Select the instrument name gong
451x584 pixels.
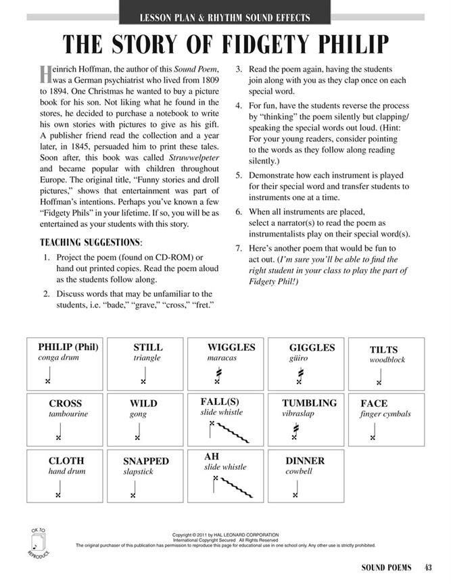pyautogui.click(x=138, y=414)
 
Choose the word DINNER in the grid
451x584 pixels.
pyautogui.click(x=305, y=460)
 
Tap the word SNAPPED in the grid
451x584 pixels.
pyautogui.click(x=145, y=461)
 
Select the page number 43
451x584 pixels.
pyautogui.click(x=428, y=566)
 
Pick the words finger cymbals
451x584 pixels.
pyautogui.click(x=385, y=414)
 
